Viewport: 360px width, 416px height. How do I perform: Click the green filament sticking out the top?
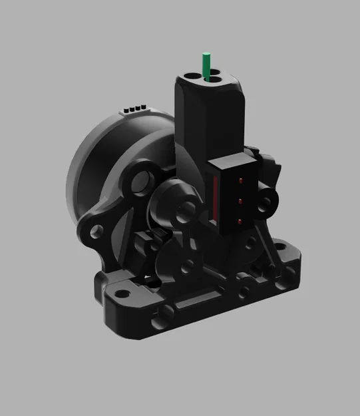click(207, 64)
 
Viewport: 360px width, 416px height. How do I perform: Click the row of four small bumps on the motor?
click(135, 107)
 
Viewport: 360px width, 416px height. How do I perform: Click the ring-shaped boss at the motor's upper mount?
click(140, 180)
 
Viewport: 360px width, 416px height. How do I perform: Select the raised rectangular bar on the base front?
click(197, 304)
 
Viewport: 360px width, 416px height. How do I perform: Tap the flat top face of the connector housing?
click(231, 163)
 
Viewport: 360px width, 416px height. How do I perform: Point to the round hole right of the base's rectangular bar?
click(248, 291)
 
